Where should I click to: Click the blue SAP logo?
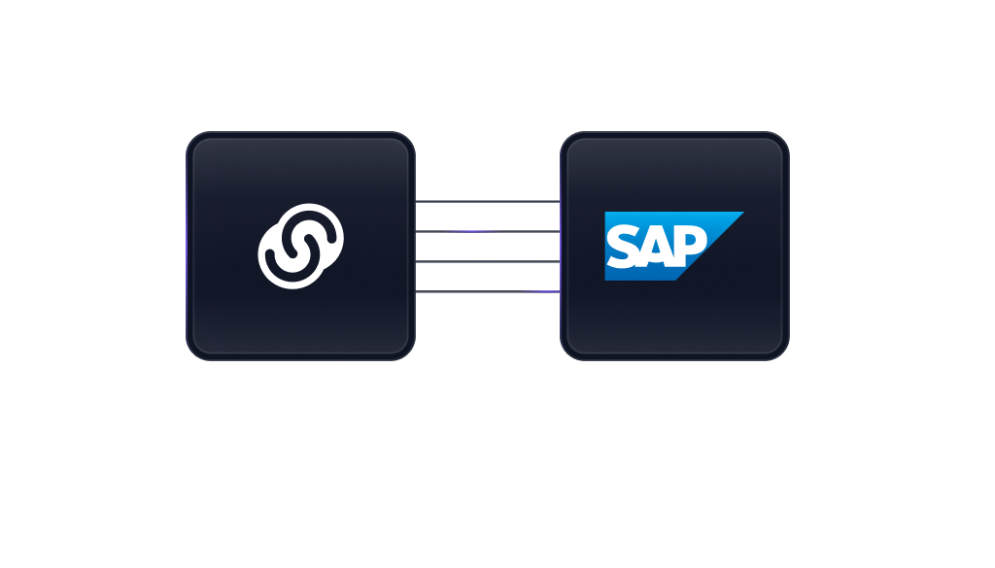(660, 246)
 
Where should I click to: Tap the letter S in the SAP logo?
(623, 246)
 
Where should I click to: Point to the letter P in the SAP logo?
(691, 245)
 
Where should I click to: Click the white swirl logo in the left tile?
(301, 246)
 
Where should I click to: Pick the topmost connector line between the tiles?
(488, 201)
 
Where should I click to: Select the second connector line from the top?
(488, 231)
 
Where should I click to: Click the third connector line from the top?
(488, 261)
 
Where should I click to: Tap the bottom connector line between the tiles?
(488, 291)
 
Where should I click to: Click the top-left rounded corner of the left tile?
(193, 138)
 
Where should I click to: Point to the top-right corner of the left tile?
(409, 138)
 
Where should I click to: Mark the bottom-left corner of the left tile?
(193, 353)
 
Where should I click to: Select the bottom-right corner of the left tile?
(409, 353)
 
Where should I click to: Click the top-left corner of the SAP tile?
(566, 138)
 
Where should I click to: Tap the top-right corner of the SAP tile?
(782, 138)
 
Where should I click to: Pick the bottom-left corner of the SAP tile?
(566, 353)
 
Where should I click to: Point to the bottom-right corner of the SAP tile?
(782, 353)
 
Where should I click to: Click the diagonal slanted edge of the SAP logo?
(710, 246)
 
